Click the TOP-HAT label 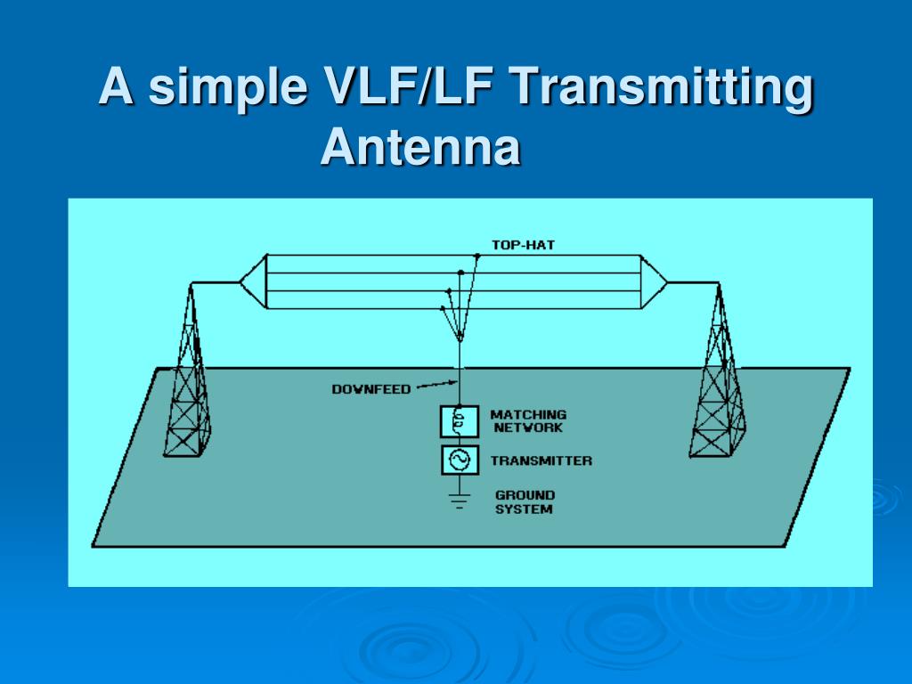pyautogui.click(x=523, y=244)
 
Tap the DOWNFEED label pyautogui.click(x=371, y=389)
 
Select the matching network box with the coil pyautogui.click(x=460, y=421)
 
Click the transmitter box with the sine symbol pyautogui.click(x=460, y=460)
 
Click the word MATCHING pyautogui.click(x=528, y=415)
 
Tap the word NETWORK pyautogui.click(x=528, y=428)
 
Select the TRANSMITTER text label pyautogui.click(x=541, y=461)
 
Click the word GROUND pyautogui.click(x=525, y=495)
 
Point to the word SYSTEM pyautogui.click(x=524, y=509)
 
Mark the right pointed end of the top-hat pyautogui.click(x=664, y=282)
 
